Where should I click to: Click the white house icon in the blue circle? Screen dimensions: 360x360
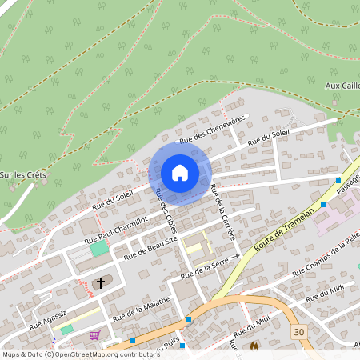pos(180,173)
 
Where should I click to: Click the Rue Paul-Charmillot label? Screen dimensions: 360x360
pos(116,229)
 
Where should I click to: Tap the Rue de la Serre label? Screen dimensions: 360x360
pos(209,267)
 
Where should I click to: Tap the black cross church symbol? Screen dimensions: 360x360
pos(101,282)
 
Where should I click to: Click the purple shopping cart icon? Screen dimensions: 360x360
pos(94,336)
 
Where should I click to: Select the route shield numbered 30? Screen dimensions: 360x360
pos(299,331)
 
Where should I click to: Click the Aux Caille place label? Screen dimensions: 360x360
pos(343,86)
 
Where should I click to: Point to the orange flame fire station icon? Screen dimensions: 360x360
pos(255,346)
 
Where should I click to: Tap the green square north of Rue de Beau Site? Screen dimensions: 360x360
pos(98,250)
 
